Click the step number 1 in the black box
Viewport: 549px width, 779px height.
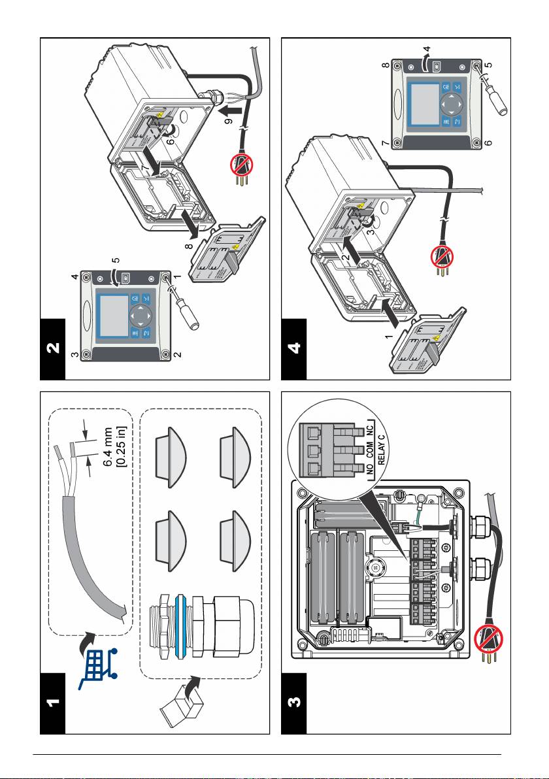(53, 704)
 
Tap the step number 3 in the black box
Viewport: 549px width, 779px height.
(295, 704)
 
